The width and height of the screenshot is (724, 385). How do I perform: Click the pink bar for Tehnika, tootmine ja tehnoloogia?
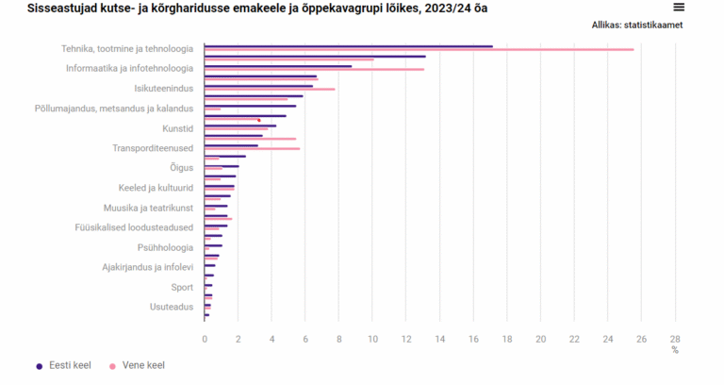click(x=419, y=49)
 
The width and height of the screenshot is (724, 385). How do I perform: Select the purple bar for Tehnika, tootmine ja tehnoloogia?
click(x=348, y=45)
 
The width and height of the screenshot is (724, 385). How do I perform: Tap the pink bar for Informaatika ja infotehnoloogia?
click(x=314, y=69)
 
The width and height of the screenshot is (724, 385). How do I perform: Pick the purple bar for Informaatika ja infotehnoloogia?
click(x=278, y=66)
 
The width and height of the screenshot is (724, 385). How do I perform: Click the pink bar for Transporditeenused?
click(x=252, y=148)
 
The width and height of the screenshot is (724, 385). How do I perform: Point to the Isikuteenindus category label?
click(x=164, y=88)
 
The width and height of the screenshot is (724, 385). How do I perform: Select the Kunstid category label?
click(x=177, y=127)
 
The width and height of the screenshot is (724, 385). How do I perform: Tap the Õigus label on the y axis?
click(x=182, y=168)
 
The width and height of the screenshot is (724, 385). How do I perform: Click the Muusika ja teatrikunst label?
click(x=148, y=208)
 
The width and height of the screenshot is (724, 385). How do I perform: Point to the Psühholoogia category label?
click(x=165, y=247)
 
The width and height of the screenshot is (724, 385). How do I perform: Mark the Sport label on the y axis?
click(x=182, y=287)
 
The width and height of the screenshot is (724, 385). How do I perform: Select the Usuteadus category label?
click(x=172, y=307)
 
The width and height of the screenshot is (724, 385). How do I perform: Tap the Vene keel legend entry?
click(x=142, y=365)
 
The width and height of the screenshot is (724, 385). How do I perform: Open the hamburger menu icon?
click(x=678, y=7)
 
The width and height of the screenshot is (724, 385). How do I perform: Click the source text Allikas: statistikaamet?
click(x=637, y=25)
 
